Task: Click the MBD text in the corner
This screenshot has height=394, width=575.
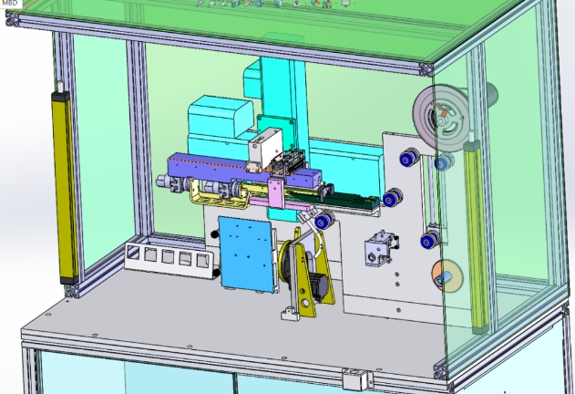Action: tap(10, 4)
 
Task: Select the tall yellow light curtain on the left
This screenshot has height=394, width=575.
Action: tap(63, 182)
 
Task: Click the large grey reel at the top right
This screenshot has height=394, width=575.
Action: tap(443, 113)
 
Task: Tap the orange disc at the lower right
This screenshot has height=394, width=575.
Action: tap(446, 274)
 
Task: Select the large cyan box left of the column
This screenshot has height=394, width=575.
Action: tap(218, 128)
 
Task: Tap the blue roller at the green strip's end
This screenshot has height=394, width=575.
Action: tap(392, 198)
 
